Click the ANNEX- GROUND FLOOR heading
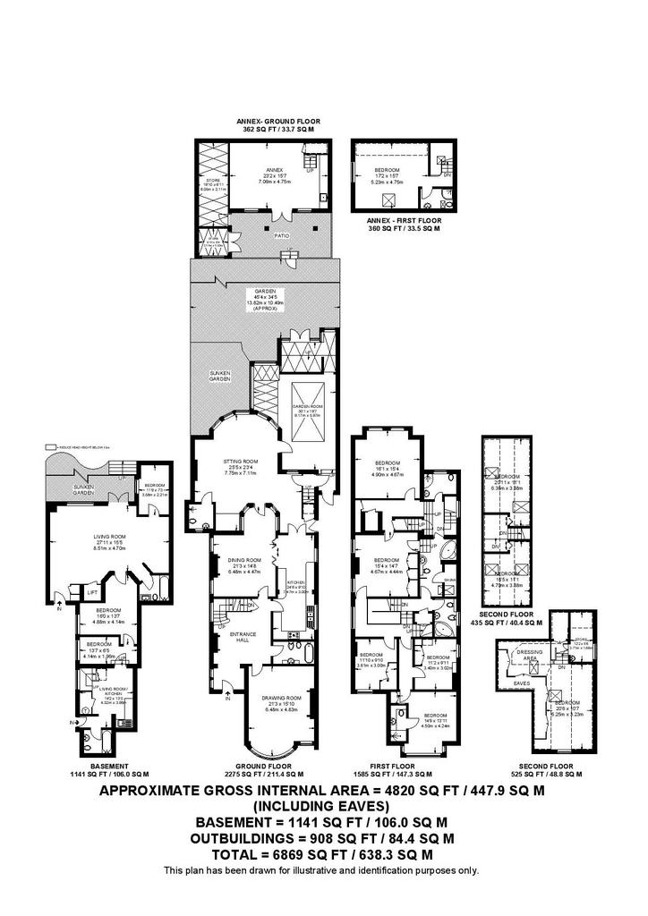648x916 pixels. point(277,121)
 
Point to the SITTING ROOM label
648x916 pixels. point(239,462)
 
